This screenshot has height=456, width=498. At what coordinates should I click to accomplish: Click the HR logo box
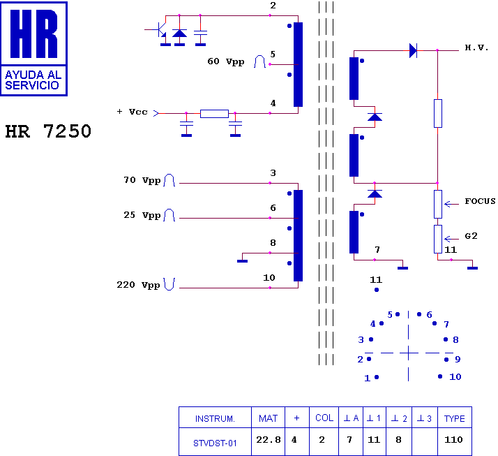[35, 48]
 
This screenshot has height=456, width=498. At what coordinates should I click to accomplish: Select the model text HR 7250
[48, 131]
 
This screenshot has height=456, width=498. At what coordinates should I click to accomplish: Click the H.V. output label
[477, 48]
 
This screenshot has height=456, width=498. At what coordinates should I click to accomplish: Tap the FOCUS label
[480, 201]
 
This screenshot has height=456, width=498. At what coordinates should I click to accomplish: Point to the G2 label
[471, 236]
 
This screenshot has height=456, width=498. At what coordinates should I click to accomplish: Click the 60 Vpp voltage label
[226, 61]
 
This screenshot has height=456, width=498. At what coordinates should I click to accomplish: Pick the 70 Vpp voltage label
[141, 180]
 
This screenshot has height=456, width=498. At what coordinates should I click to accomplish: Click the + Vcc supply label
[132, 112]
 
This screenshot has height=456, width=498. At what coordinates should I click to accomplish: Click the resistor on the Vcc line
[214, 113]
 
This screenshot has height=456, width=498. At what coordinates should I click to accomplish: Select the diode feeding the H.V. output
[413, 50]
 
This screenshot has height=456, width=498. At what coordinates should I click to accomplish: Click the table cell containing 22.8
[269, 440]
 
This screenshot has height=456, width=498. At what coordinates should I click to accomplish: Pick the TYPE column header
[454, 418]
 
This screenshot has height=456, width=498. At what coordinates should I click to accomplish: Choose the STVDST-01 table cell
[215, 441]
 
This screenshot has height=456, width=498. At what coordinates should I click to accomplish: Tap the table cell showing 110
[454, 440]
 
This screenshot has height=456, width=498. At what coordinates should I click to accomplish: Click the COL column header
[324, 418]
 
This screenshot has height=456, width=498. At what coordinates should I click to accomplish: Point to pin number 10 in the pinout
[455, 377]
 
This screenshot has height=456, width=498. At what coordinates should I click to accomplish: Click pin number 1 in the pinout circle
[367, 378]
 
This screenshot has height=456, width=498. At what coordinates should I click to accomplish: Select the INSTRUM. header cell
[215, 418]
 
